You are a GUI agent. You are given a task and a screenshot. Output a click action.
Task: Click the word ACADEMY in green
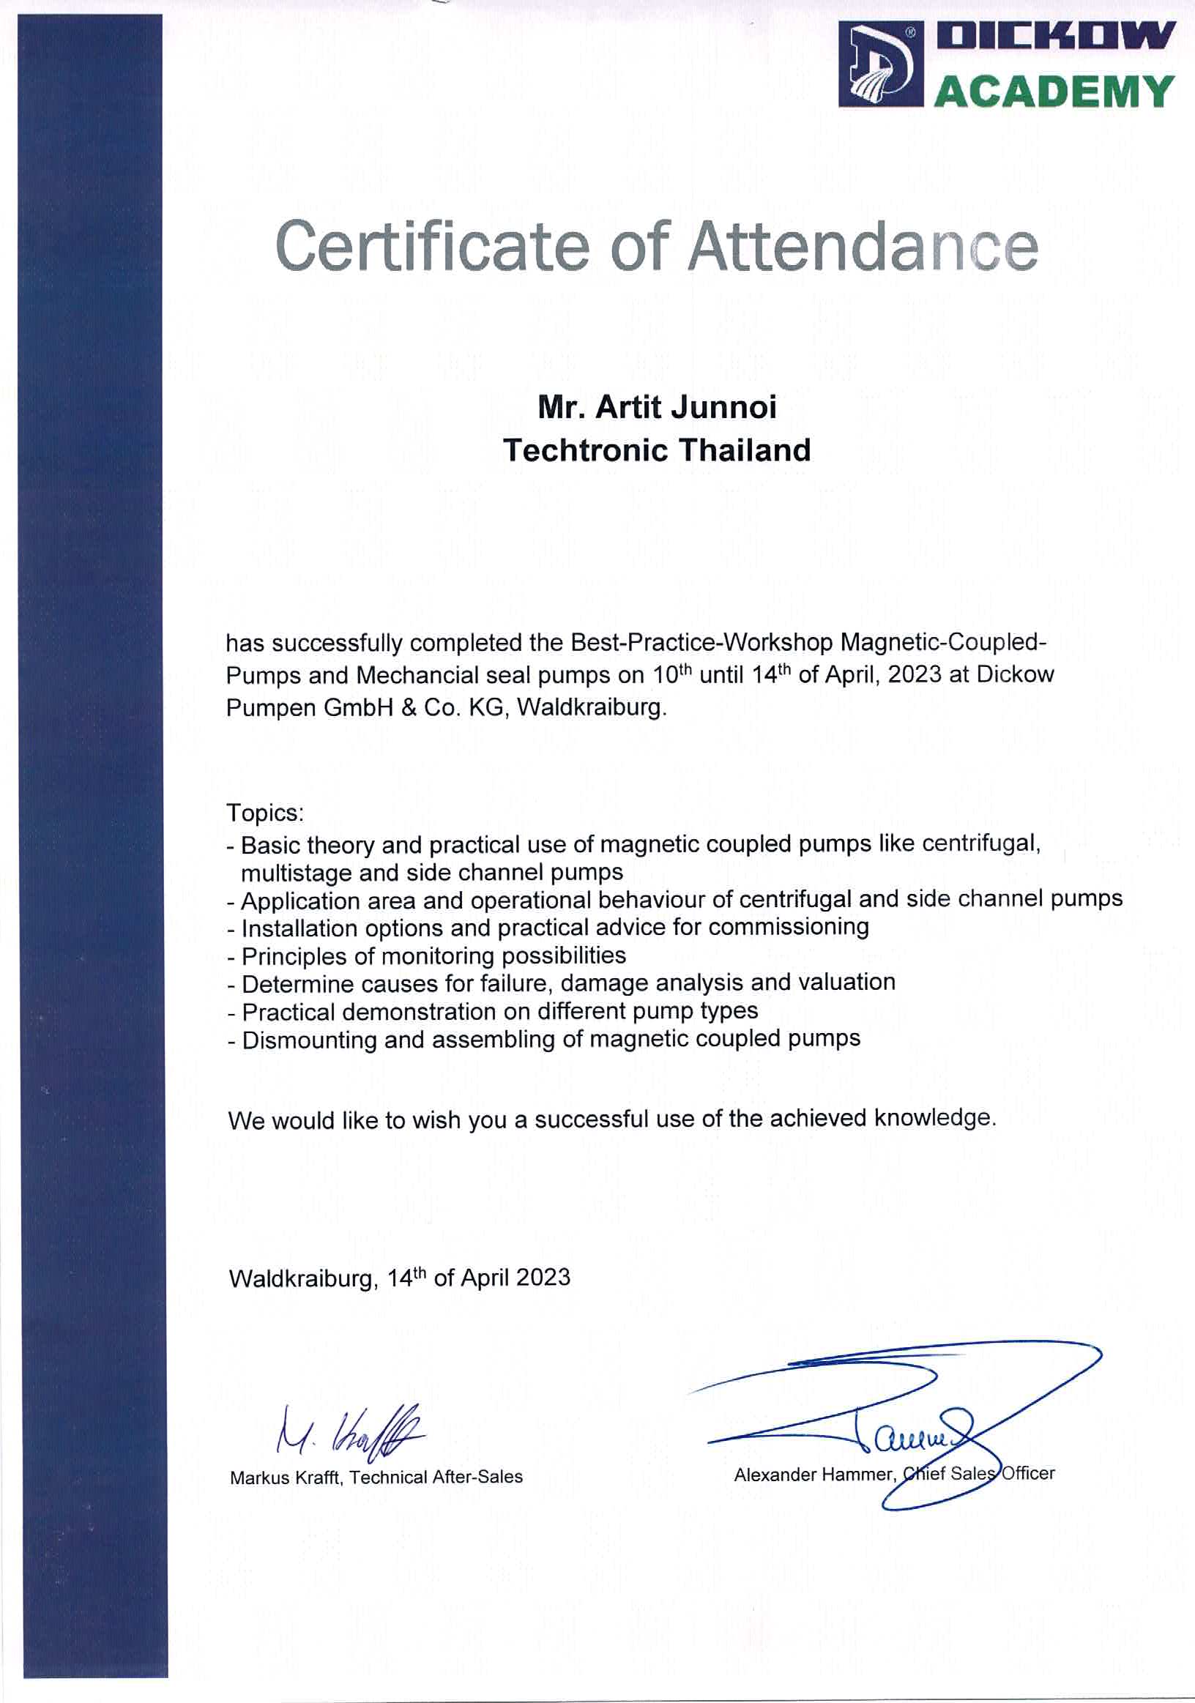point(1054,92)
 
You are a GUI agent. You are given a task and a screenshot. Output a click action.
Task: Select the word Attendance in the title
point(862,246)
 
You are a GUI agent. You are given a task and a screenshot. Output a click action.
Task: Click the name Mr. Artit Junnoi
point(657,407)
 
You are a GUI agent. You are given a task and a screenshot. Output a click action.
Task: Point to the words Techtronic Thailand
point(657,450)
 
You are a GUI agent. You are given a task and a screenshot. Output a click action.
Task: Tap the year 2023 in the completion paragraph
point(914,675)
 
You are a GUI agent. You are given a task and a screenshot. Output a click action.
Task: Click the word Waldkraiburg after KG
point(591,707)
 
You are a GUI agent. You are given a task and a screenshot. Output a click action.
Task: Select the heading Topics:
point(266,813)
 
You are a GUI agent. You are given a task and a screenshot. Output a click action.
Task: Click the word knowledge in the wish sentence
point(932,1118)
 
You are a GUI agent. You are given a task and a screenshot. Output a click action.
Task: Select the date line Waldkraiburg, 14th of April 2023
point(399,1278)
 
